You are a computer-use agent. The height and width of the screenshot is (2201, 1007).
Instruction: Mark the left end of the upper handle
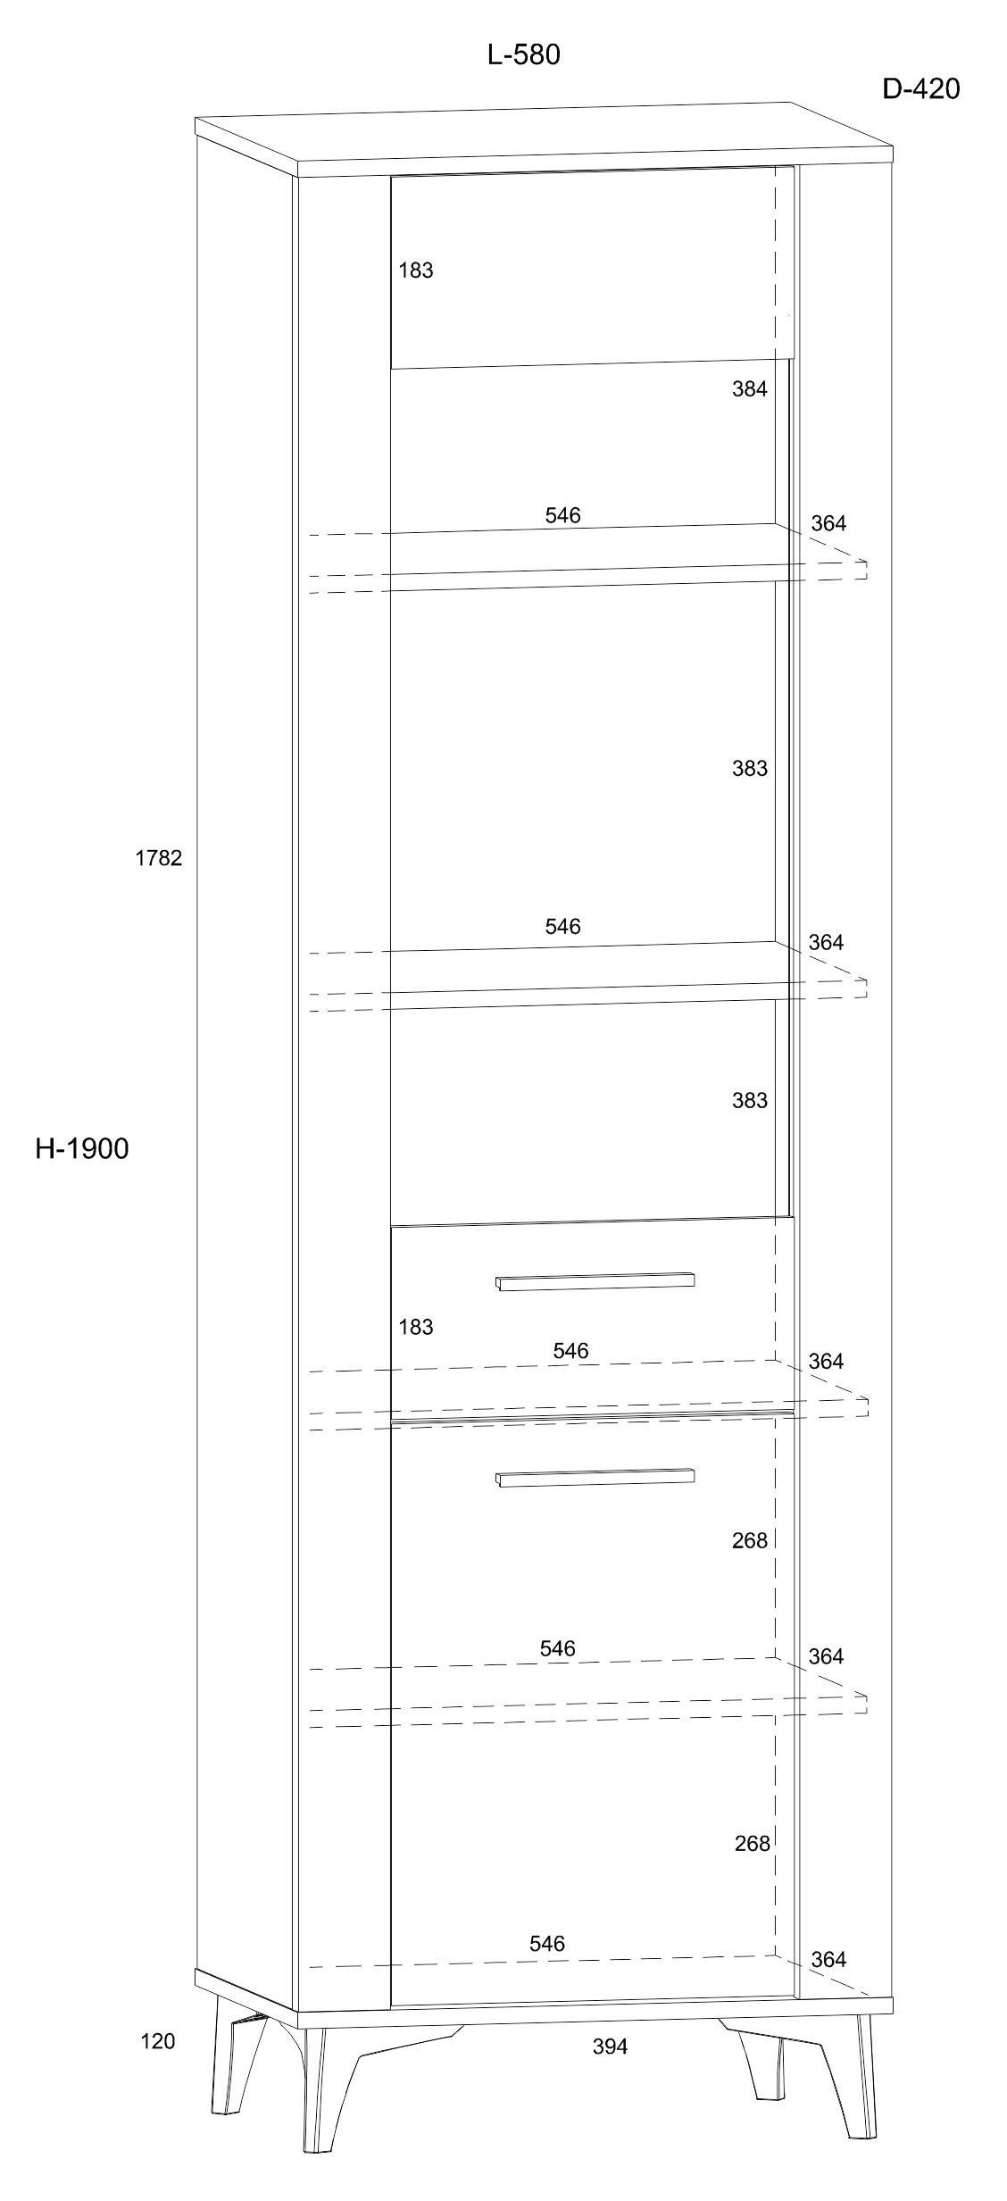pos(496,1284)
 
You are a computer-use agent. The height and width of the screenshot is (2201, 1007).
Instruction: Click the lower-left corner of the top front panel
pos(391,368)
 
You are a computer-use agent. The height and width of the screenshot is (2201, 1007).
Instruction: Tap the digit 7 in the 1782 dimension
pos(153,858)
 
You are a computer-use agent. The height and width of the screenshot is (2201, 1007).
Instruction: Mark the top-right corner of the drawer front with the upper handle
pos(794,1216)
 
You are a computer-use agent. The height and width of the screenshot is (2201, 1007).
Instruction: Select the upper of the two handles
pos(595,1281)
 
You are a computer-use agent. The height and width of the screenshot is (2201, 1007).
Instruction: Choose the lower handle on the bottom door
pos(595,1478)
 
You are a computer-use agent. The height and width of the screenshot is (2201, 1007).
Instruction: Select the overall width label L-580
pos(524,55)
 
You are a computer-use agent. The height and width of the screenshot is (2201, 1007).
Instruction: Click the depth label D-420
pos(921,89)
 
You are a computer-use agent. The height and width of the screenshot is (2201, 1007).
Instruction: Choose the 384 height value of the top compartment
pos(750,388)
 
